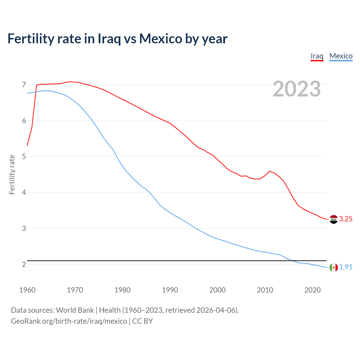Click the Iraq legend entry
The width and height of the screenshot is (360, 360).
[x=317, y=56]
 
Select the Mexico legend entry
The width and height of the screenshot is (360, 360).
[x=341, y=56]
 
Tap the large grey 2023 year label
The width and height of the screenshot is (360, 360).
[x=296, y=89]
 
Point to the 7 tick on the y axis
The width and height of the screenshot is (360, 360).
[x=24, y=85]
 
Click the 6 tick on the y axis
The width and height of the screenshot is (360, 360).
[x=24, y=121]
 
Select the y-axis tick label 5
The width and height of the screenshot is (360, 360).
[x=24, y=157]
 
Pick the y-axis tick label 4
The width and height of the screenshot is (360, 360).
[x=24, y=193]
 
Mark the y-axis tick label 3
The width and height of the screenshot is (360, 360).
[x=24, y=228]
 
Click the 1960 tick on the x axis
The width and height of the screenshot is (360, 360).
[x=27, y=290]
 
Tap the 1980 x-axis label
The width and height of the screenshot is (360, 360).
[x=122, y=290]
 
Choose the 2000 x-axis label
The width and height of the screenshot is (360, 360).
[x=217, y=290]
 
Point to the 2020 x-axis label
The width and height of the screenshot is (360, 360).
[x=312, y=290]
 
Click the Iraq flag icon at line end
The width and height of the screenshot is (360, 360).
[x=334, y=219]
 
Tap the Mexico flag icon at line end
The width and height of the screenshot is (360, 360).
[x=334, y=267]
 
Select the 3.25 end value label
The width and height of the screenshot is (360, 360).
[x=346, y=219]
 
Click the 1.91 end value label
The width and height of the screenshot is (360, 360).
[x=346, y=267]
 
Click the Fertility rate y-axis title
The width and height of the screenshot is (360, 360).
[x=12, y=174]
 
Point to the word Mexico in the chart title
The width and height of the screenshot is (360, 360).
[x=161, y=39]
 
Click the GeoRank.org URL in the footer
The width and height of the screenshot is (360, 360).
[x=69, y=321]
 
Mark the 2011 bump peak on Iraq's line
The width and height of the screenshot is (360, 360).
[x=270, y=171]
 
